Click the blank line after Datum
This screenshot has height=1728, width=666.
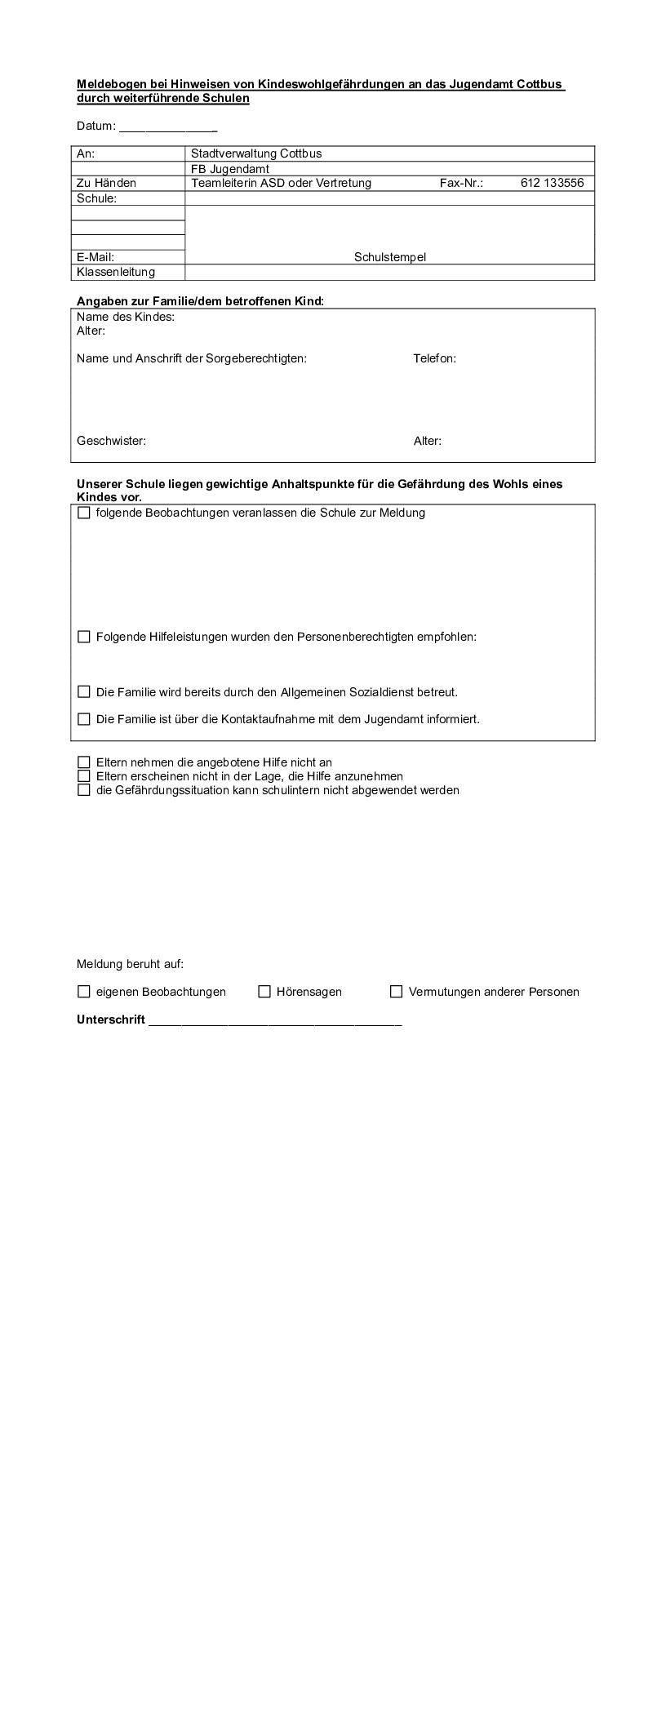[168, 127]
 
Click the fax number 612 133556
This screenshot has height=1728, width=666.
[552, 183]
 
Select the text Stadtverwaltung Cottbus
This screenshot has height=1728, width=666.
[255, 153]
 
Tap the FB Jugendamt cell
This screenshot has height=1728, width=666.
[230, 169]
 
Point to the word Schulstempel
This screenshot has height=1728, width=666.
[389, 257]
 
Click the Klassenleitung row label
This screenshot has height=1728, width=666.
[115, 272]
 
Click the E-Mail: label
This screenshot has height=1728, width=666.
[95, 257]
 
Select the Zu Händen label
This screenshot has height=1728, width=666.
[106, 183]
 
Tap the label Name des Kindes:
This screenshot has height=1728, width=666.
[126, 317]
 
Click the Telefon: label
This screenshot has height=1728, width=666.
[434, 358]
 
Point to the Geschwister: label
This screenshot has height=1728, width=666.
[111, 441]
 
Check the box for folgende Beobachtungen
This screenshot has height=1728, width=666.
[83, 513]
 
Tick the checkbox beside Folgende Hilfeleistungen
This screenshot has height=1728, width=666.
[83, 637]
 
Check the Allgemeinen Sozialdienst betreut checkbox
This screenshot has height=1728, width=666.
[83, 692]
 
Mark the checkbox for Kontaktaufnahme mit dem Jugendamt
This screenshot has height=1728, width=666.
[83, 719]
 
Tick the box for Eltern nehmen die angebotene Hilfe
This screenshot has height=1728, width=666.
[83, 762]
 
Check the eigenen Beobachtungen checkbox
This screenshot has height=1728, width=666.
[83, 992]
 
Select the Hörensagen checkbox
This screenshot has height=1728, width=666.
[264, 992]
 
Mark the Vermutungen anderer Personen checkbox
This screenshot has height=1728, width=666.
[396, 992]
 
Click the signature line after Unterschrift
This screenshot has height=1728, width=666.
[274, 1020]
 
